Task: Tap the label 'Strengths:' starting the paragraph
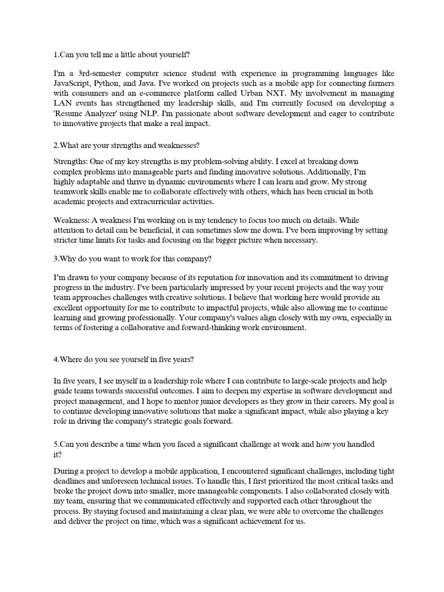(x=72, y=160)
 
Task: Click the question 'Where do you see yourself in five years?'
(x=124, y=360)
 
